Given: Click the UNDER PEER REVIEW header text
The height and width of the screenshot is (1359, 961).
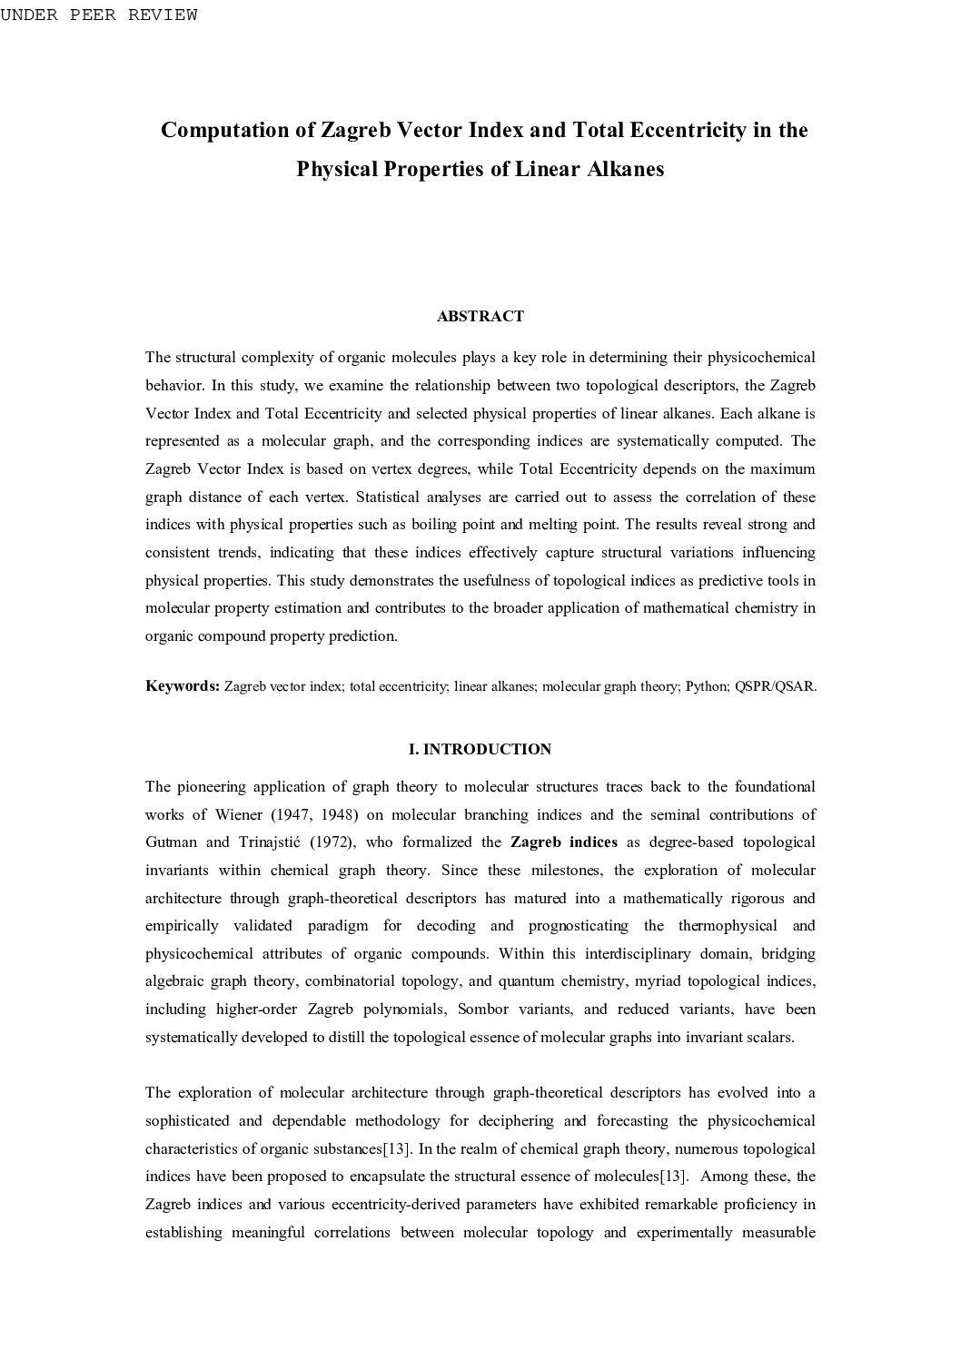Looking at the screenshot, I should (98, 15).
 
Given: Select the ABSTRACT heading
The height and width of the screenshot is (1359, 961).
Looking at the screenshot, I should (480, 316).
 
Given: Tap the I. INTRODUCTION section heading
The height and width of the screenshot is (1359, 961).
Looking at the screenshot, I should (480, 749).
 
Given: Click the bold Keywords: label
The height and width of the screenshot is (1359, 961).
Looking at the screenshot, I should (183, 685).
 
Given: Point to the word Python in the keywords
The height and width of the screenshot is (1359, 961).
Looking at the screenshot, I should (706, 686).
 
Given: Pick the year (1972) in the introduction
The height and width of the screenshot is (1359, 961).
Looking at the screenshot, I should (332, 842).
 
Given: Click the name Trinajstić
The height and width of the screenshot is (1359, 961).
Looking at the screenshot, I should (263, 842).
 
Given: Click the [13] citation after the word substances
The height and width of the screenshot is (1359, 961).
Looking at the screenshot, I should (396, 1148).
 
